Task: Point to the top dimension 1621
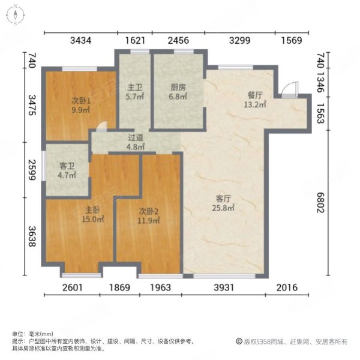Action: click(136, 41)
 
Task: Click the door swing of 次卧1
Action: click(103, 127)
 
